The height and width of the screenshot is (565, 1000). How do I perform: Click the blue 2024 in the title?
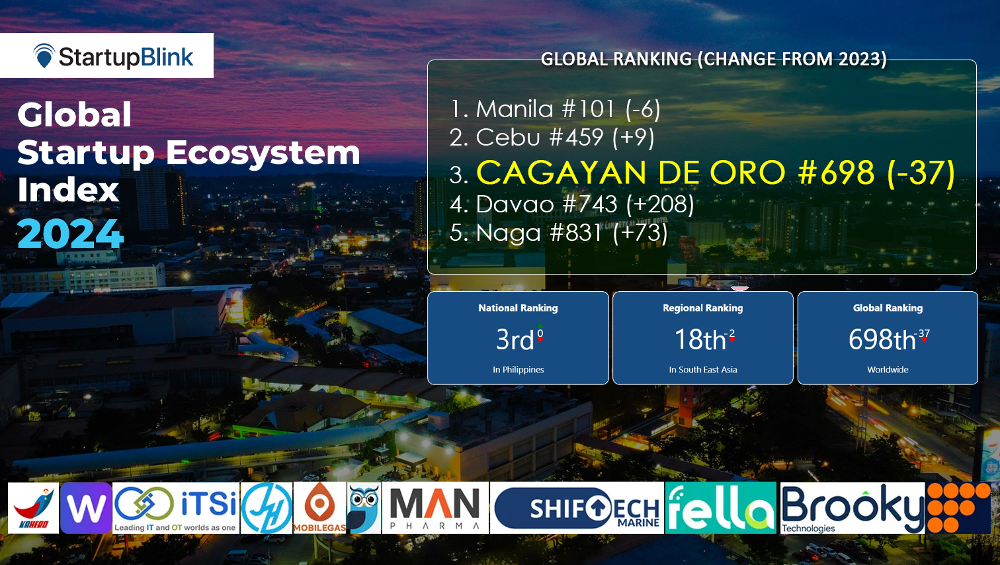coord(71,234)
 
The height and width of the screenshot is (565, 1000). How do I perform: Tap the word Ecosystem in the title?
coord(263,153)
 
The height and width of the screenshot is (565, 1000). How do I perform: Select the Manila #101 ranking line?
coord(554,109)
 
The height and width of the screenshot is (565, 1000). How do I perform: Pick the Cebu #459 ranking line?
coord(552,138)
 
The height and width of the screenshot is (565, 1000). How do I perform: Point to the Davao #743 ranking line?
coord(571,204)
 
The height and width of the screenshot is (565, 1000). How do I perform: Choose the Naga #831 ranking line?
coord(558,233)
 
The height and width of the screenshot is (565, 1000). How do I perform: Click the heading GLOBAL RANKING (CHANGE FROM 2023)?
coord(714,59)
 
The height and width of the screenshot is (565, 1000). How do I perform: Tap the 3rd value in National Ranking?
coord(516,340)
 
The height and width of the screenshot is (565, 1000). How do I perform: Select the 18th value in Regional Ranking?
coord(701,340)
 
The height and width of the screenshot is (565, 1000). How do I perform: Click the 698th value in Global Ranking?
coord(883,340)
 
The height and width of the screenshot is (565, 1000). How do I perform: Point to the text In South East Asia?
coord(702,370)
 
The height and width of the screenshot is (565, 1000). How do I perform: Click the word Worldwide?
coord(888,370)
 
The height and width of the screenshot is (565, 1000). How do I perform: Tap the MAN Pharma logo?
coord(435,508)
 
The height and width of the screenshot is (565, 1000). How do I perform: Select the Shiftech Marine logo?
coord(577,508)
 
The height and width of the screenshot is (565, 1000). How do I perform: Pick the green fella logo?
coord(720,508)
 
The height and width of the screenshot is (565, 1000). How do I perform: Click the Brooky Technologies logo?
coord(852,508)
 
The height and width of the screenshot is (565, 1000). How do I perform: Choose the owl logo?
coord(364,508)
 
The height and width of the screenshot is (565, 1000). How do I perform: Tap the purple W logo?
coord(86,508)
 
